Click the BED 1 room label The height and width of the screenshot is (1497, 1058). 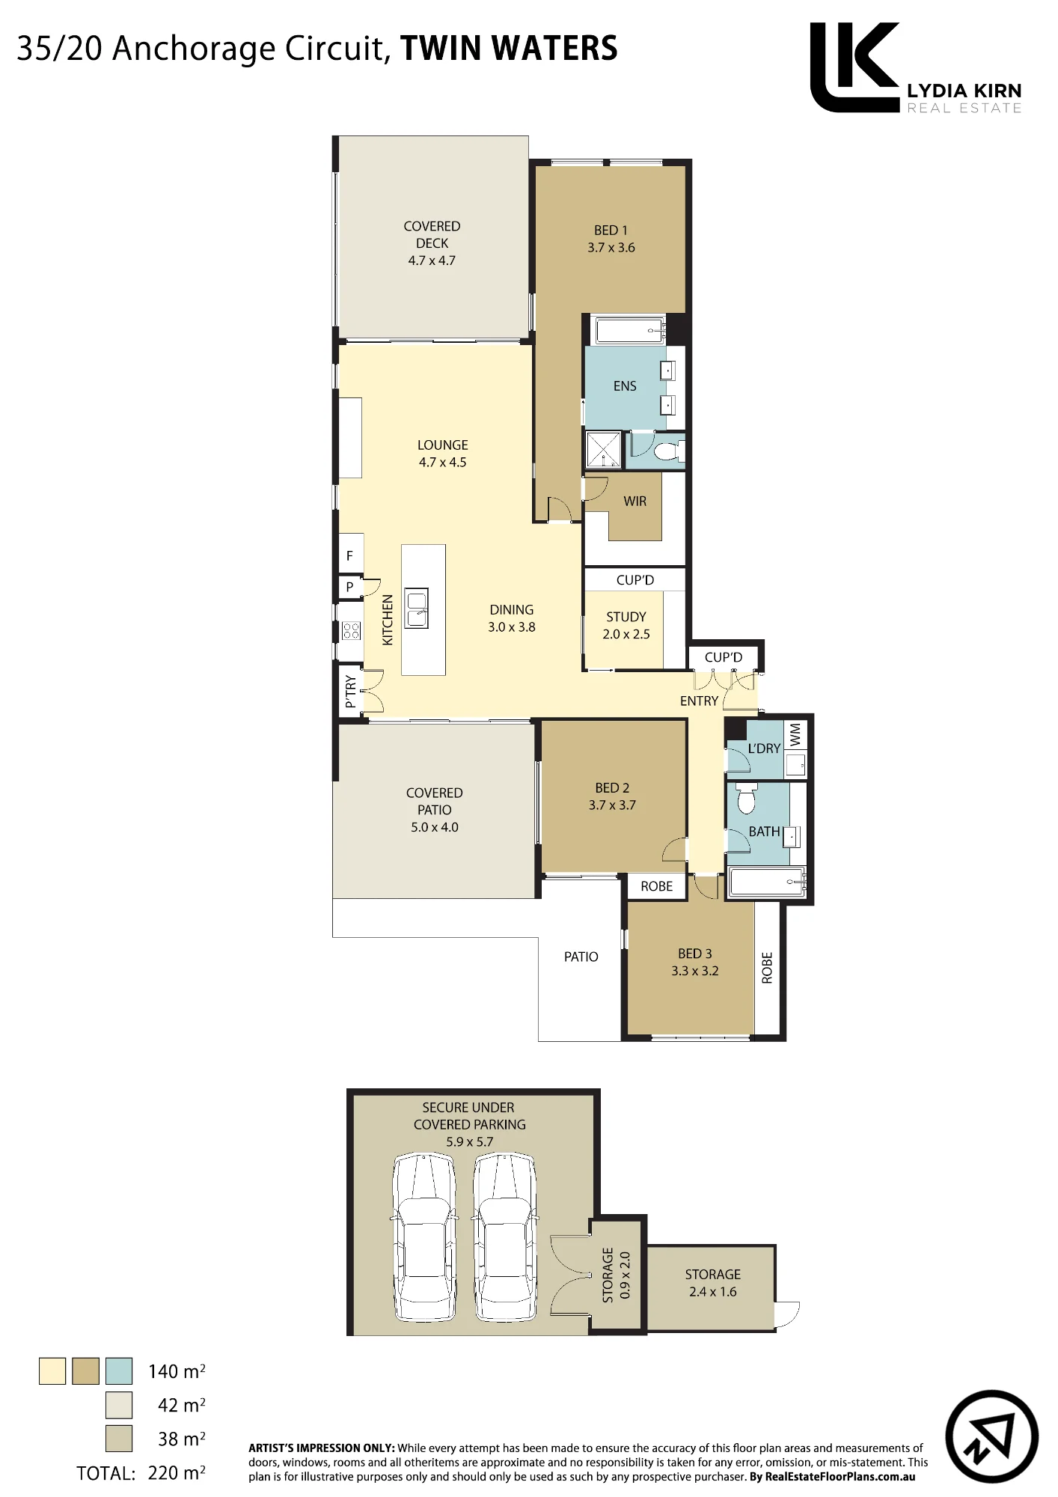tap(611, 231)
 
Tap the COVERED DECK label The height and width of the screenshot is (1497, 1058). tap(432, 234)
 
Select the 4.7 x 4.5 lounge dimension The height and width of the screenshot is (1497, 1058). tap(442, 463)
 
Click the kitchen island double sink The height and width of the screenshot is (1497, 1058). tap(417, 608)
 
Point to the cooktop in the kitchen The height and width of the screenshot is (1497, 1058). tap(351, 630)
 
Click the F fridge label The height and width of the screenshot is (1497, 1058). tap(349, 556)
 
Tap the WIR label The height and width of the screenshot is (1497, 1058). tap(635, 501)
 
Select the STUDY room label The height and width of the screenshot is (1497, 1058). tap(626, 617)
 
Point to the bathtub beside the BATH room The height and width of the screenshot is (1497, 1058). tap(767, 882)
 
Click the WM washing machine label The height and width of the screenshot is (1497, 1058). tap(795, 734)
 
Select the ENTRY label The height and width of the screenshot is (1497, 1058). tap(699, 701)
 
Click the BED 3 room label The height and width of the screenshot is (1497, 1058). tap(694, 954)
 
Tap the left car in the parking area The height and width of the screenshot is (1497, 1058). tap(425, 1238)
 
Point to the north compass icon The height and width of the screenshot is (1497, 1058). tap(991, 1436)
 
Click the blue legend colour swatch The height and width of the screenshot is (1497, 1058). tap(119, 1371)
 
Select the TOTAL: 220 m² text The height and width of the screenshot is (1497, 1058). tap(141, 1473)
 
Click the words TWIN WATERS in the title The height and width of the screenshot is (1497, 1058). tap(509, 49)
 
